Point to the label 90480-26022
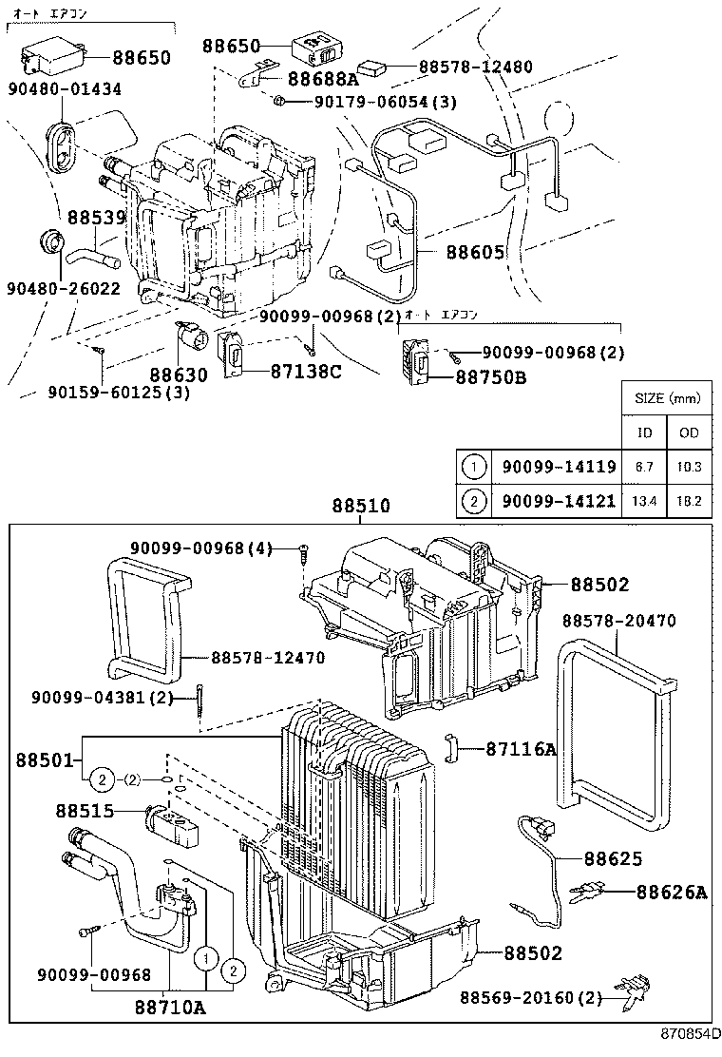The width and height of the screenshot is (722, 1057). pos(64,287)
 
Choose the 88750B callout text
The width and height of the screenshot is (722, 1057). pos(493,378)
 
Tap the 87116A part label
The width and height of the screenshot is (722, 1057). pos(521,749)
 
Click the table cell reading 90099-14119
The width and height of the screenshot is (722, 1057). pos(559,467)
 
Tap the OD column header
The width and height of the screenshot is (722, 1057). pos(689,432)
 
